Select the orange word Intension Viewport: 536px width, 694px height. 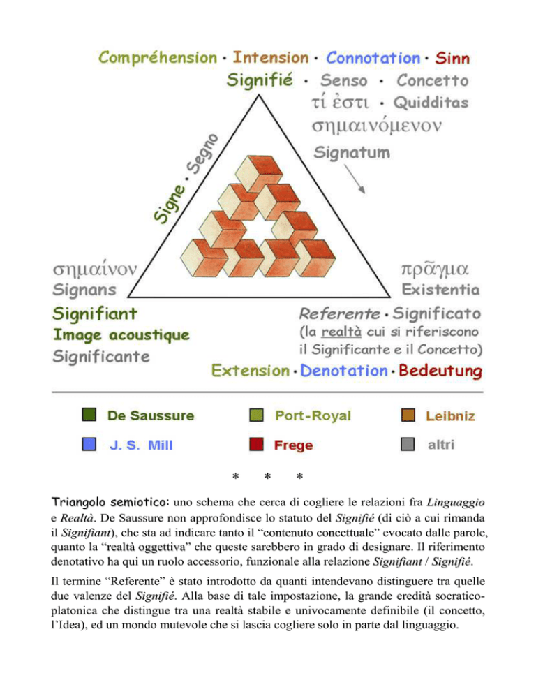point(270,57)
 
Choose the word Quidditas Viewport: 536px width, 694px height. point(429,103)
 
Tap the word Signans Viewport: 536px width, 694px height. point(85,289)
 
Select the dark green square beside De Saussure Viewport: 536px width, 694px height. point(89,416)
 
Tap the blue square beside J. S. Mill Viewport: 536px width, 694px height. point(89,444)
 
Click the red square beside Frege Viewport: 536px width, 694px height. point(255,444)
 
